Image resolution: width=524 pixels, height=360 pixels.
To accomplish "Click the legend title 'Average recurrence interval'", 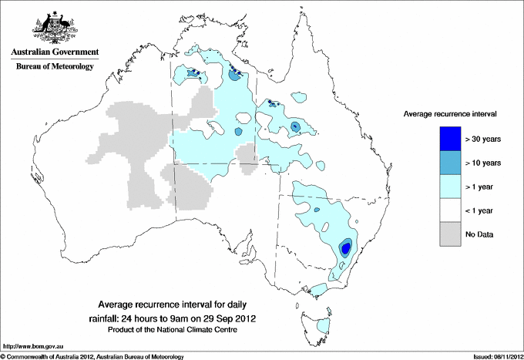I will coord(450,113).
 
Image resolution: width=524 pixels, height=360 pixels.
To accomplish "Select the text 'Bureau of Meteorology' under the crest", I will coord(55,67).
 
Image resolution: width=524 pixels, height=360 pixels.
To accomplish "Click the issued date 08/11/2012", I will coord(502,356).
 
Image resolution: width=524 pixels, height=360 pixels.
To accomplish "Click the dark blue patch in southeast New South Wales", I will coord(346,247).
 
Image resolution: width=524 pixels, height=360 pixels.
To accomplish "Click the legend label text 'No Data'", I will coord(479,234).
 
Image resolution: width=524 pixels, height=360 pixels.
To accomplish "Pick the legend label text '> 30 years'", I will coord(483,139).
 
